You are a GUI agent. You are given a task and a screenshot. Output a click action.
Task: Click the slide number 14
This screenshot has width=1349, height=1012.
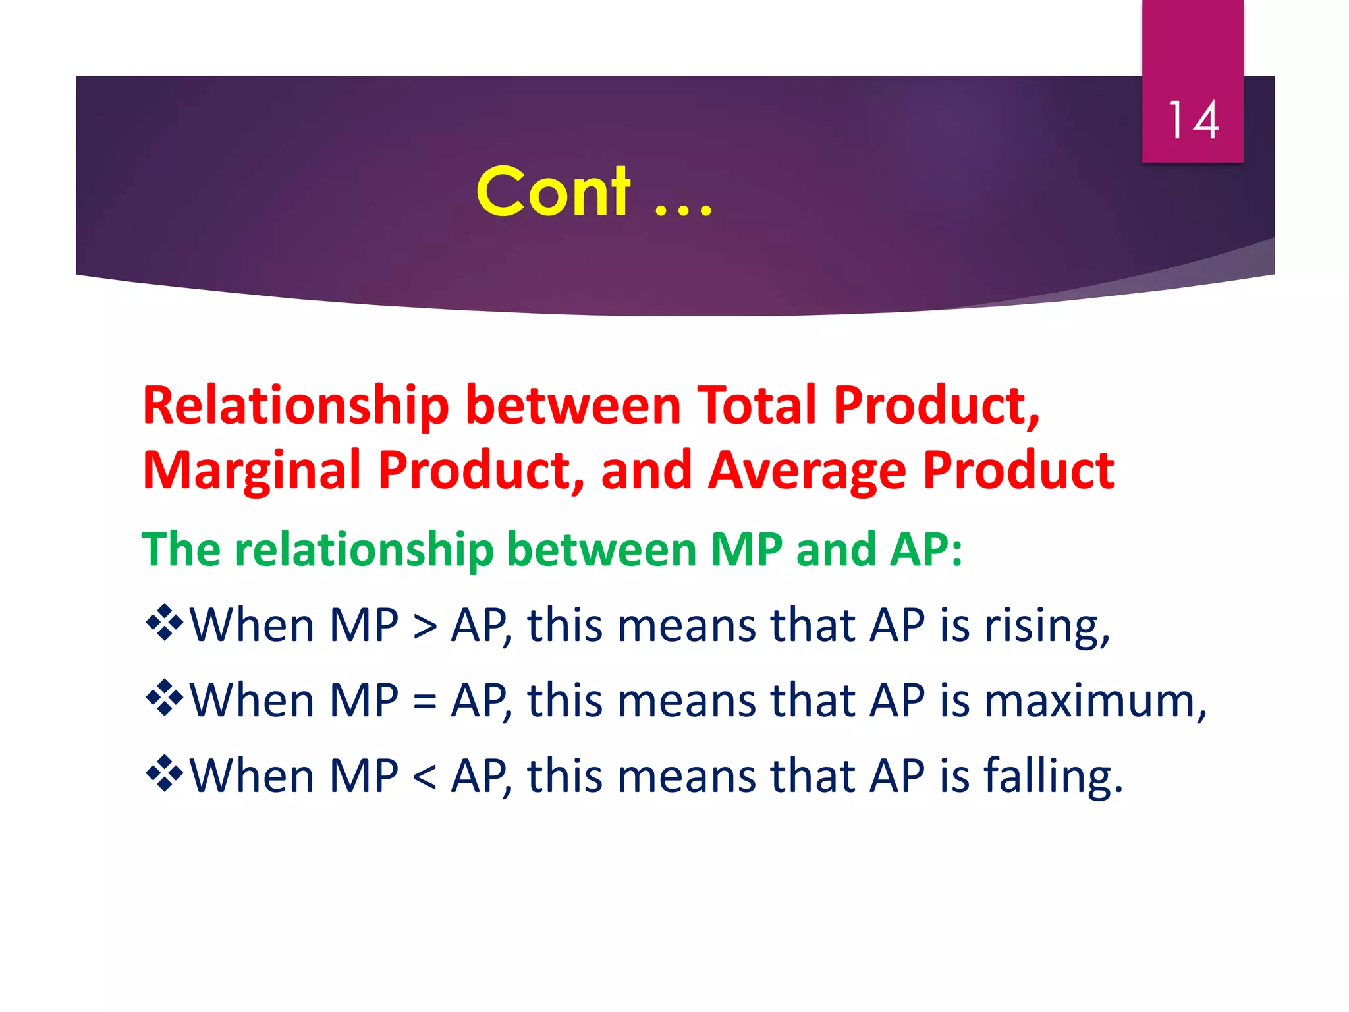(x=1193, y=121)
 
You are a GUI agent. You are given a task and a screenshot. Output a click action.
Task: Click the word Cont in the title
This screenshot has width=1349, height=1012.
(x=553, y=192)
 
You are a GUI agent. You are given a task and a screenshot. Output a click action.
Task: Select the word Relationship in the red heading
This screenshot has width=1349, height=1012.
(x=296, y=406)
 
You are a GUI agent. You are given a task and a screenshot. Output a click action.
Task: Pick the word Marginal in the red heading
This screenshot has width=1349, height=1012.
(x=252, y=471)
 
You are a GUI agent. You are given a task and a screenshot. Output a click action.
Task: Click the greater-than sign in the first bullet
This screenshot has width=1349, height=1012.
(x=424, y=627)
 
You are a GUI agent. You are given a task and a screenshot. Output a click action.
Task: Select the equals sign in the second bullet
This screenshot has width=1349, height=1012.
(x=424, y=702)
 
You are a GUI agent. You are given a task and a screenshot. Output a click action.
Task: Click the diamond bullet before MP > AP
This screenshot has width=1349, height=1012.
(x=164, y=622)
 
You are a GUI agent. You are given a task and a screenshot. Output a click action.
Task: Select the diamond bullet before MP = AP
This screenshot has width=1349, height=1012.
(x=164, y=697)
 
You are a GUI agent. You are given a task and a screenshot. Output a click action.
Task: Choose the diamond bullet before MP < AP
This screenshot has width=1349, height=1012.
(x=164, y=772)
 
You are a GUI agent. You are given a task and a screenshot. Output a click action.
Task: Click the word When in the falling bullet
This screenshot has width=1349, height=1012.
(x=252, y=775)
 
